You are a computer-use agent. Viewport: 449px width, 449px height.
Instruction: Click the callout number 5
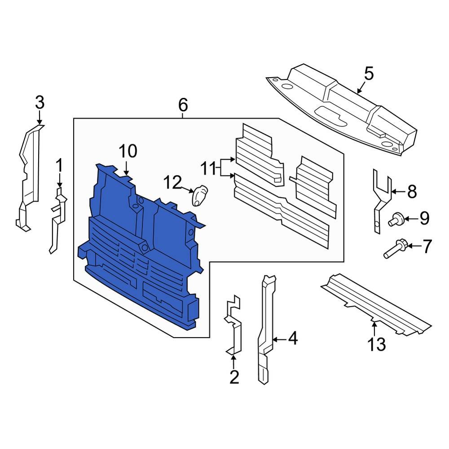pos(368,73)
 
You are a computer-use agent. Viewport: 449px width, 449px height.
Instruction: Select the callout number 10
pos(128,151)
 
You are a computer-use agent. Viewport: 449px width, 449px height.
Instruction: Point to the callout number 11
pos(208,169)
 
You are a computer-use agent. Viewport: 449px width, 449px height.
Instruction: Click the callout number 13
pos(376,344)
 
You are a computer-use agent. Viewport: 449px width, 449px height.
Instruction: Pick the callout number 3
pos(40,103)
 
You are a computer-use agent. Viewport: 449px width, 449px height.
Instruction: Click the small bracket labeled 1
pos(57,220)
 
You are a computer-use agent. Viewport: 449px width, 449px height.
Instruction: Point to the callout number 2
pos(234,377)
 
